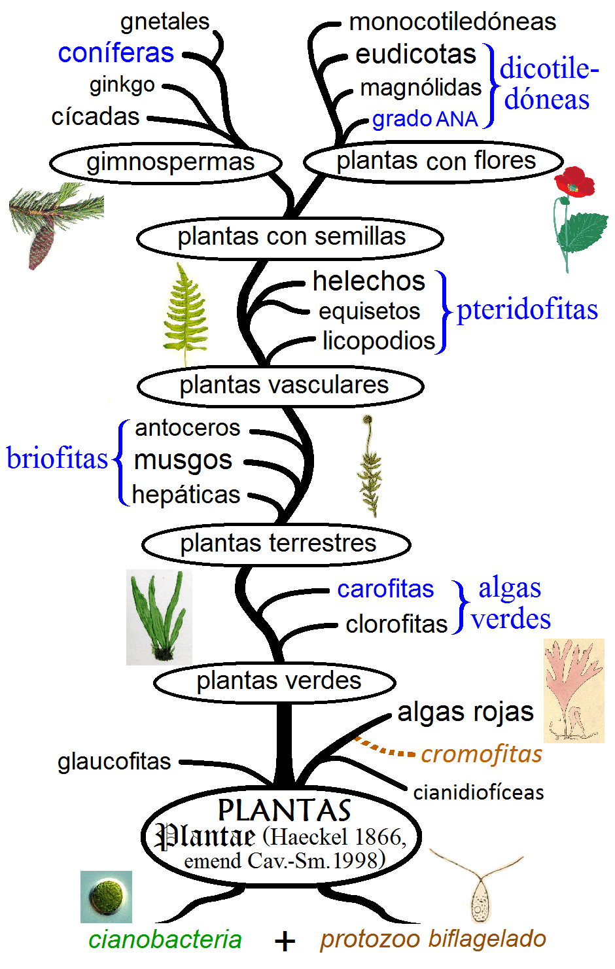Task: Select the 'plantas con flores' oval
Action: [433, 161]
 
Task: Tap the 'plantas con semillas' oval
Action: [290, 237]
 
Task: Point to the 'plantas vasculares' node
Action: [281, 385]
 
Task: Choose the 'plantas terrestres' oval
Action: [276, 544]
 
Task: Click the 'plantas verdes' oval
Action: [275, 682]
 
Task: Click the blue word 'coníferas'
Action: [116, 53]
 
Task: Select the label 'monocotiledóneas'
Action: [452, 22]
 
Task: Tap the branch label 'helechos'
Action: [369, 281]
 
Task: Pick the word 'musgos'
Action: [183, 461]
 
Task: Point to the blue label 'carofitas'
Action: [385, 589]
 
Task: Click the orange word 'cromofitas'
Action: [481, 754]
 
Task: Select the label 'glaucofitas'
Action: [114, 762]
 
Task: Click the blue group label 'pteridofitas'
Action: [527, 310]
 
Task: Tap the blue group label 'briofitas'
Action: [57, 459]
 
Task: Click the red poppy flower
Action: [574, 182]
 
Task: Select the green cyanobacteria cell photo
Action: [106, 896]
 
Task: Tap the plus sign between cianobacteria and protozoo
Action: [285, 942]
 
